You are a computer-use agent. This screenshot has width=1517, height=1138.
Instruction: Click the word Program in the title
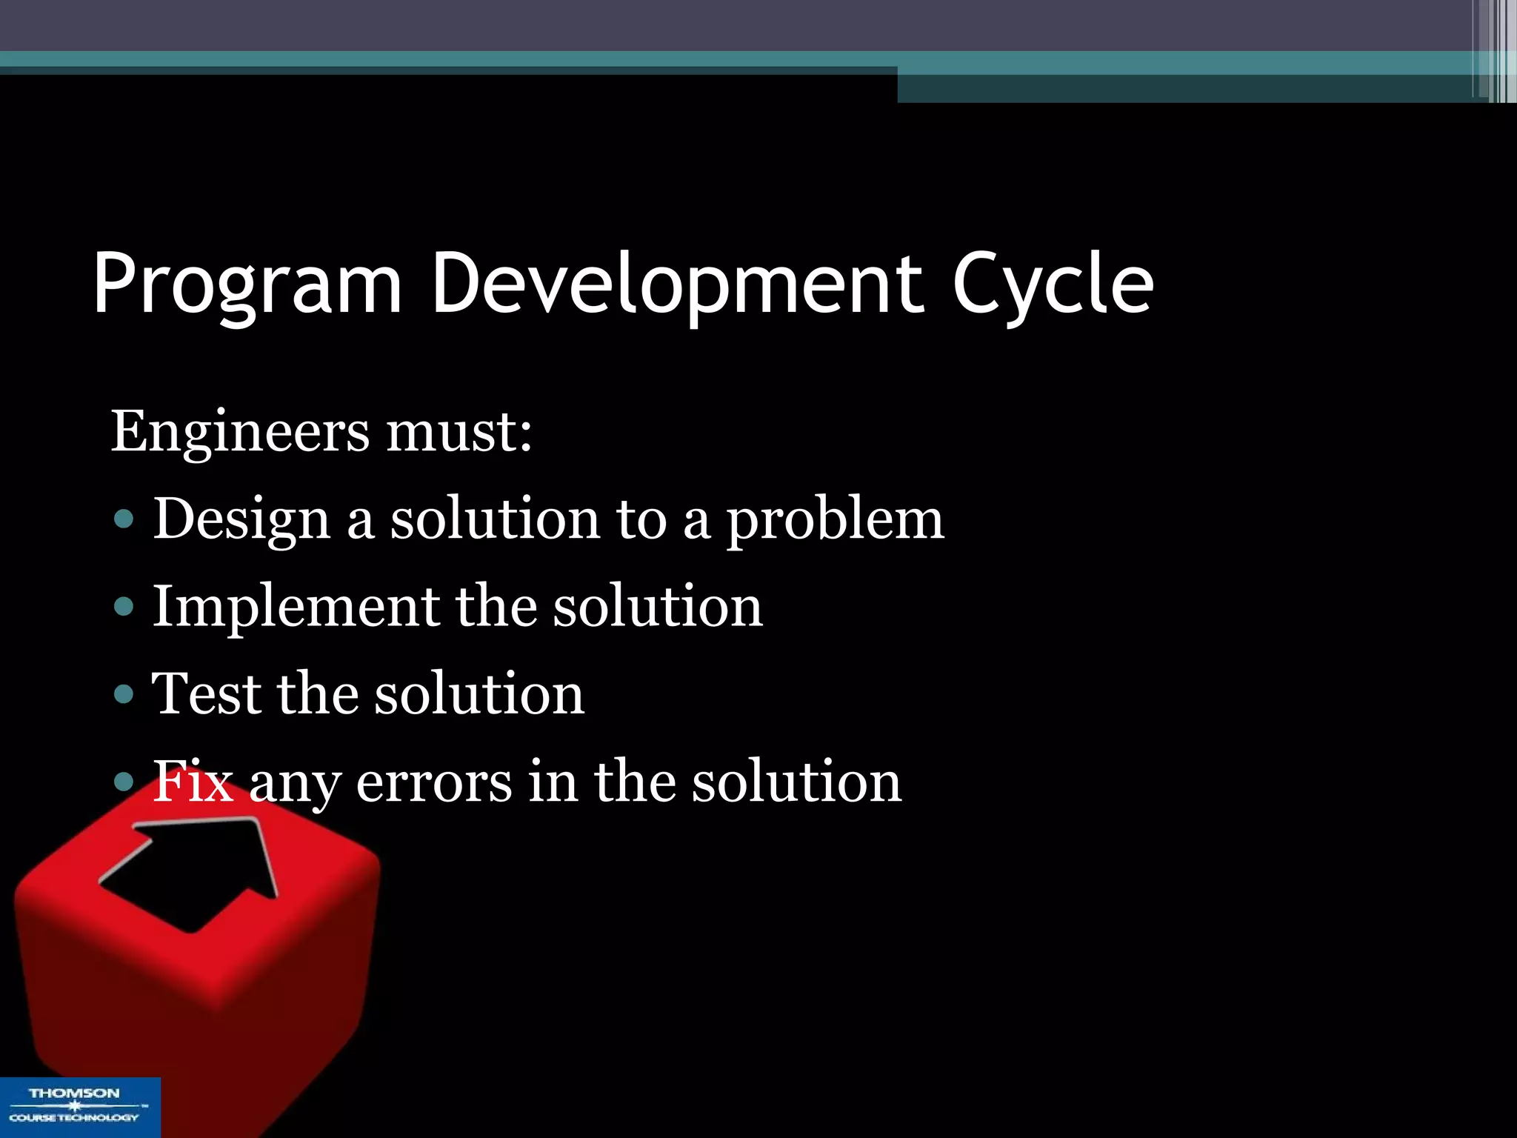247,285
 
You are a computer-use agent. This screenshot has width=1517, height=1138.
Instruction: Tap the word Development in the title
677,285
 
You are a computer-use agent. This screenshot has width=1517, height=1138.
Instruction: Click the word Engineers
239,433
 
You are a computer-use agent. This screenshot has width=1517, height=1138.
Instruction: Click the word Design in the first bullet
241,520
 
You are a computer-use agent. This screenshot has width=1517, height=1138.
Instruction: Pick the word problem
835,520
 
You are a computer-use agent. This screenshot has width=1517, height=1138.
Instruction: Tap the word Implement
294,608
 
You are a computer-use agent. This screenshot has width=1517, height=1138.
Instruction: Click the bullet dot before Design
124,519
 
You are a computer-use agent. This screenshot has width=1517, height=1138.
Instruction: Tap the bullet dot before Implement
124,607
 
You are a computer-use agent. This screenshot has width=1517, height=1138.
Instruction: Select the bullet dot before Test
124,694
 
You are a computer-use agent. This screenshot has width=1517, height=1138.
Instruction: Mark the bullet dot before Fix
124,782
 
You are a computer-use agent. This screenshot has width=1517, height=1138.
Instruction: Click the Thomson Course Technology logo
79,1106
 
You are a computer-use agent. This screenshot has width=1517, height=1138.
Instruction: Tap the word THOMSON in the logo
74,1094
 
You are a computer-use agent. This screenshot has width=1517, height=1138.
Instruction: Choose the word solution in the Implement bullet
658,608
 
